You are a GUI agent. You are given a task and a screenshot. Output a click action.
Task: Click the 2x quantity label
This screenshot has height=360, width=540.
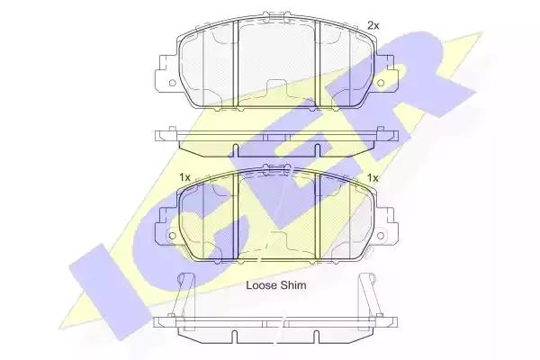(x=373, y=25)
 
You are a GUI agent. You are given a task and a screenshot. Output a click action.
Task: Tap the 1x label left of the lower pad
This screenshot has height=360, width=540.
(x=184, y=178)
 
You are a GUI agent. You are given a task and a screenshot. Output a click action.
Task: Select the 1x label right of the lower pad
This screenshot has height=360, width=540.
(x=373, y=178)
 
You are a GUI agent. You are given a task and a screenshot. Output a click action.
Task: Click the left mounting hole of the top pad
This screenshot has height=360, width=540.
(x=172, y=83)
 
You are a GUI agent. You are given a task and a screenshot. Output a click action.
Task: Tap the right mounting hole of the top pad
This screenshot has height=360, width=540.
(x=381, y=83)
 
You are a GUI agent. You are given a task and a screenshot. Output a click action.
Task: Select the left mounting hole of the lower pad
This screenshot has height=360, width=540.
(x=172, y=236)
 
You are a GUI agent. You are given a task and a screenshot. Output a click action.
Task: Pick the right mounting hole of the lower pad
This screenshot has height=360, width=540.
(x=381, y=236)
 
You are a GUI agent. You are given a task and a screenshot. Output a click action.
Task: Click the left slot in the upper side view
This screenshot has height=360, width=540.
(x=236, y=150)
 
